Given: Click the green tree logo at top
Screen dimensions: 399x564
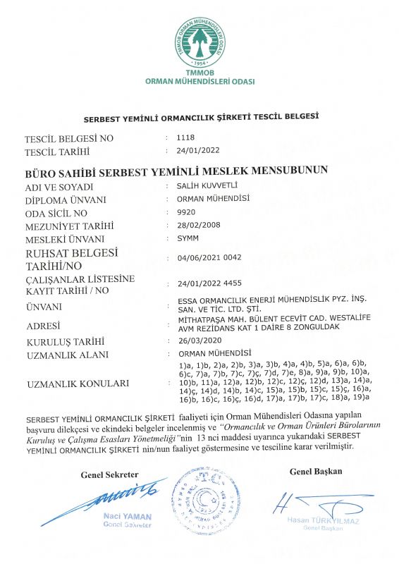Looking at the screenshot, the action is click(200, 43).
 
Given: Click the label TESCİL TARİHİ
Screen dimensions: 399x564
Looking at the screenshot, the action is click(58, 152).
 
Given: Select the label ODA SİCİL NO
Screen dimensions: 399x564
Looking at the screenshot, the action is click(56, 213).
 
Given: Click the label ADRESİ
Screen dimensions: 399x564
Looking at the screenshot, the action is click(43, 326).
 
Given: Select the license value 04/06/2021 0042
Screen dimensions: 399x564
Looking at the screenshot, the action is click(210, 257).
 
